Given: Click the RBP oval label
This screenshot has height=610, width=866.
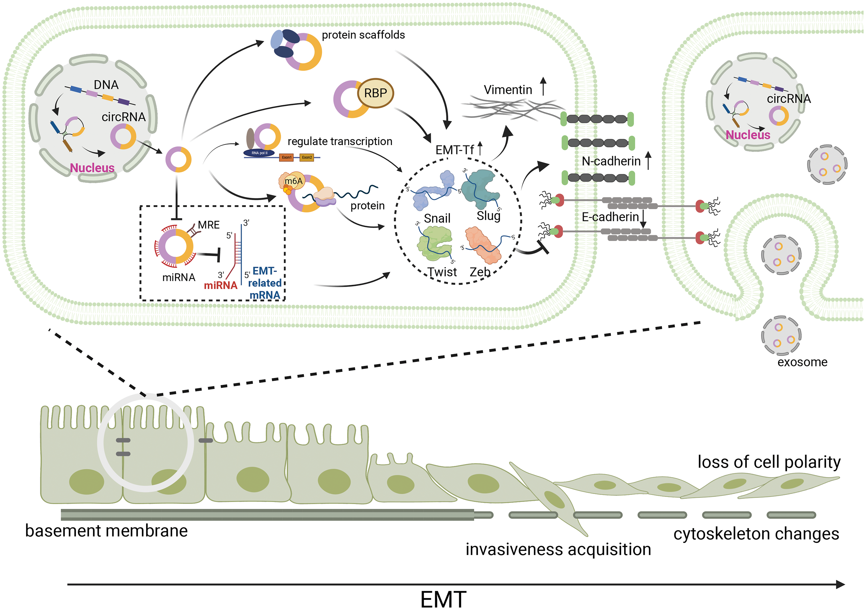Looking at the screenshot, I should click(375, 93).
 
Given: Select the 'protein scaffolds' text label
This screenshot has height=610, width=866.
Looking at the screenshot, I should click(363, 35).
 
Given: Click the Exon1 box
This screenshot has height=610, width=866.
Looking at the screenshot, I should click(286, 157).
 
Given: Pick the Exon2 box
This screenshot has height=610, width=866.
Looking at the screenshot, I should click(307, 157).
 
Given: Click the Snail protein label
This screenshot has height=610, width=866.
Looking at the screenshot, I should click(437, 218).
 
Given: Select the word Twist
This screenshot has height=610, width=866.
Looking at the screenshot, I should click(442, 272).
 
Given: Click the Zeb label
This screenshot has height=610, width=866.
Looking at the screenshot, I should click(480, 272).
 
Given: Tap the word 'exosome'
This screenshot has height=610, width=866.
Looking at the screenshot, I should click(802, 362).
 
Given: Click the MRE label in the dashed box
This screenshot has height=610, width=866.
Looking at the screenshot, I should click(209, 225).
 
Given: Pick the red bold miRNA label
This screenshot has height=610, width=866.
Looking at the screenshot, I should click(221, 285).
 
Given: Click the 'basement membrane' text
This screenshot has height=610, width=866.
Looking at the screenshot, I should click(106, 531).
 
